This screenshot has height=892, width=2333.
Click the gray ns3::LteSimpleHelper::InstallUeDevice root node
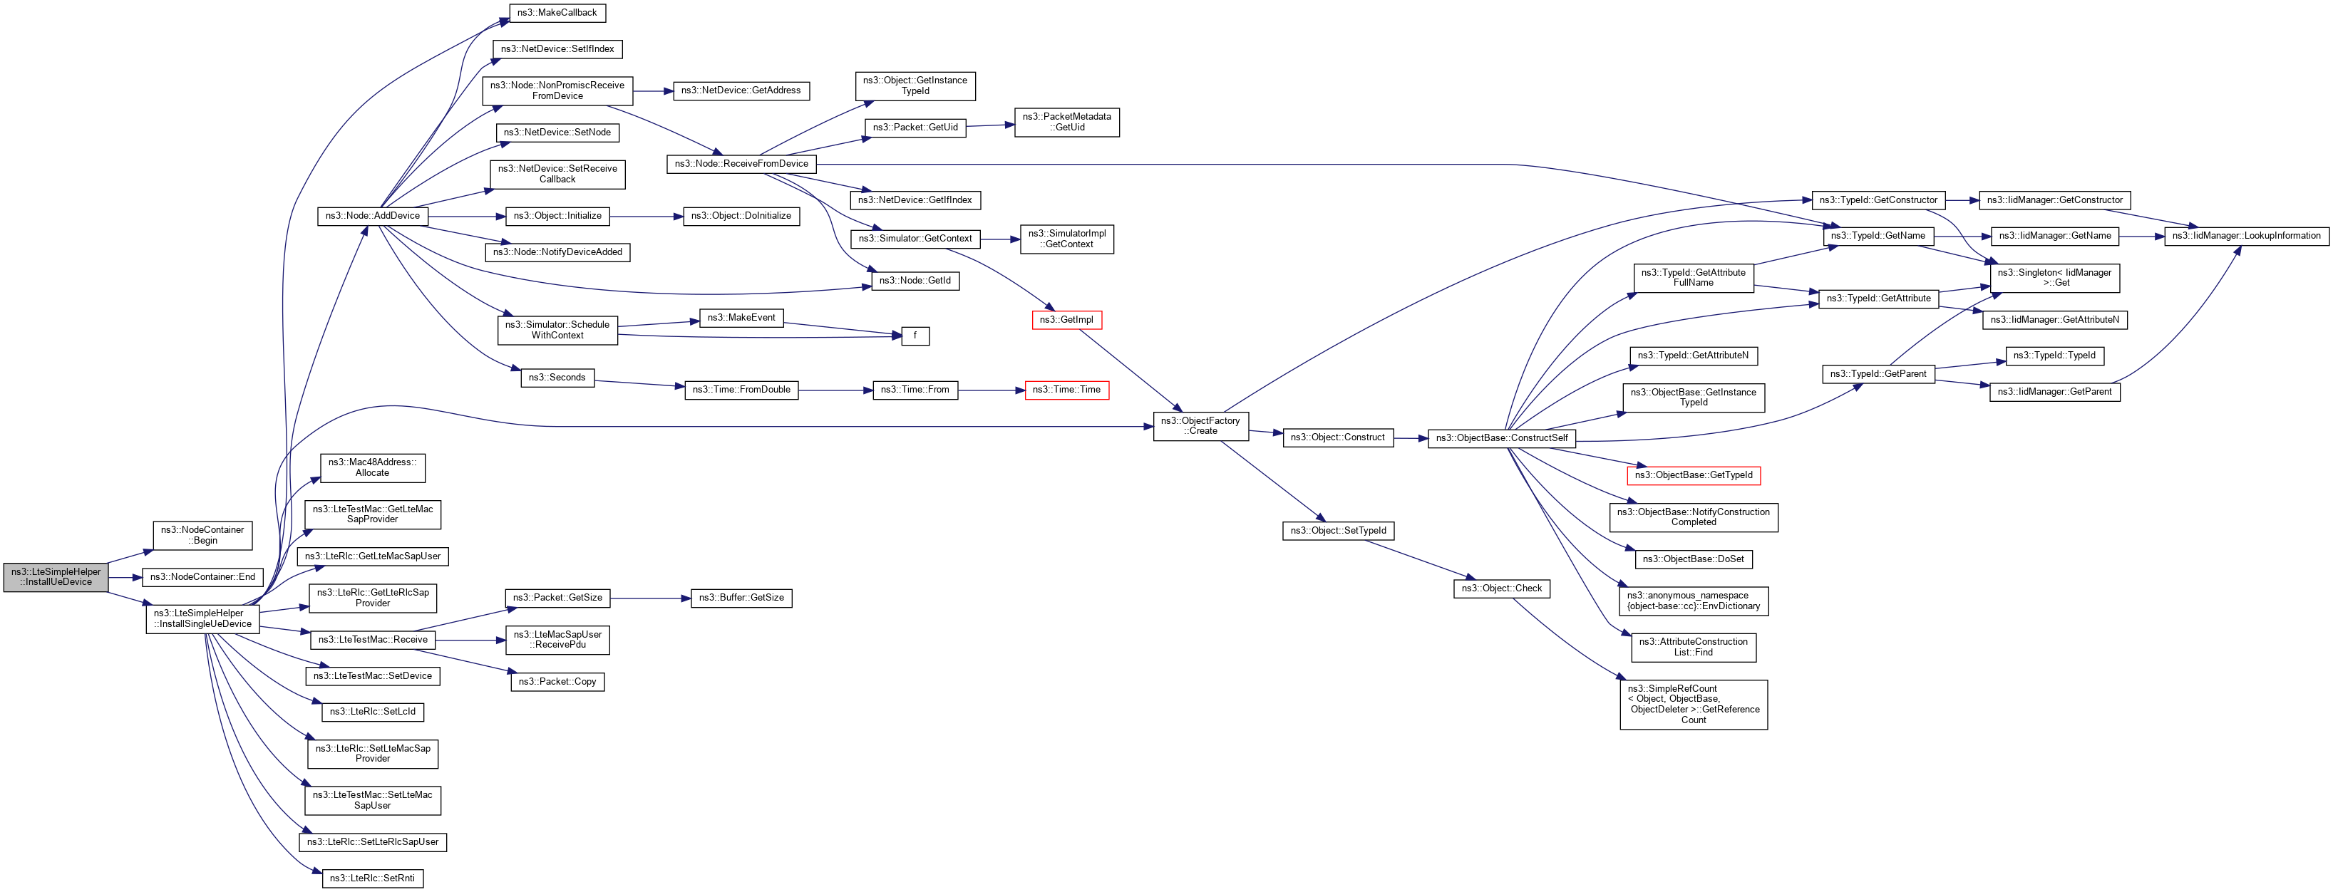(x=56, y=577)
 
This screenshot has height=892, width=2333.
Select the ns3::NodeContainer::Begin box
(x=202, y=535)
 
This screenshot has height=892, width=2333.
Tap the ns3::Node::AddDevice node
(x=372, y=217)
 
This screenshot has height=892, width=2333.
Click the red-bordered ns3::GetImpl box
(x=1066, y=320)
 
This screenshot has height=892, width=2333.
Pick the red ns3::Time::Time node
(x=1066, y=390)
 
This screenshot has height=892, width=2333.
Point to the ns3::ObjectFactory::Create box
(x=1200, y=425)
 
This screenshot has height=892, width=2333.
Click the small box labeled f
(x=915, y=336)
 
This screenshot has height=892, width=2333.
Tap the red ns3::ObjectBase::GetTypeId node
(x=1693, y=475)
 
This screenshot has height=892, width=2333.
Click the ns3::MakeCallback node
(x=556, y=14)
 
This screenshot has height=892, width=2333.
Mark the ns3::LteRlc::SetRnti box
(x=372, y=878)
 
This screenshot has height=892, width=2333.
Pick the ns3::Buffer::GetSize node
(x=741, y=598)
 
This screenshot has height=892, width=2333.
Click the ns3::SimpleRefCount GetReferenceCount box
(x=1693, y=705)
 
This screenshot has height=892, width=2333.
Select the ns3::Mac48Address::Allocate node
(x=372, y=468)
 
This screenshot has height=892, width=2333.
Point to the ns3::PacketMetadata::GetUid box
(x=1066, y=123)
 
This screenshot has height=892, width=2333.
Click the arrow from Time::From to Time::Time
(x=991, y=390)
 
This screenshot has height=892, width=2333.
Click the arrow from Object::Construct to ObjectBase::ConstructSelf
(x=1410, y=438)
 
